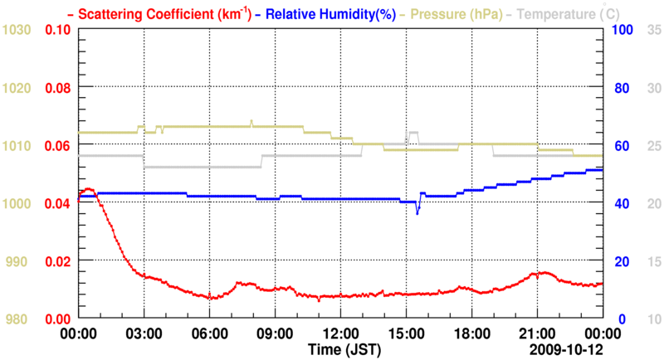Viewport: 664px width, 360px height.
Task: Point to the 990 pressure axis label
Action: click(20, 261)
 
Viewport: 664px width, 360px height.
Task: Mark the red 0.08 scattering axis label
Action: click(57, 88)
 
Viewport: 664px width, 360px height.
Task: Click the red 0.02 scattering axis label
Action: click(57, 261)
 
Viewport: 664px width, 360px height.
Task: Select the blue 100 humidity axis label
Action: click(622, 30)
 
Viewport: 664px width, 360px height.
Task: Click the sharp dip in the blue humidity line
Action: click(417, 213)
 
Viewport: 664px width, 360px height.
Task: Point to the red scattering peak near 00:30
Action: click(89, 189)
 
